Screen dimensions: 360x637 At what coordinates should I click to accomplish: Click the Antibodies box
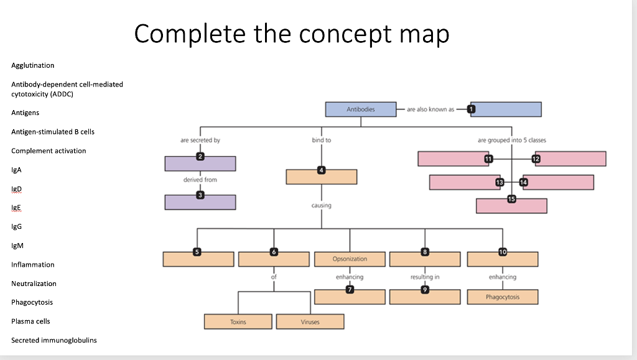(x=361, y=109)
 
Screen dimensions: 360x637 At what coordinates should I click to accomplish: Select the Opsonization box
(x=350, y=259)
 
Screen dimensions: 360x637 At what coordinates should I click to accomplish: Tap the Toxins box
(x=238, y=322)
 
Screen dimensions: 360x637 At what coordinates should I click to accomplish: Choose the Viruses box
(x=310, y=322)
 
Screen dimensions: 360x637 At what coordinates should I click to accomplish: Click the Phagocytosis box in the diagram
(x=502, y=297)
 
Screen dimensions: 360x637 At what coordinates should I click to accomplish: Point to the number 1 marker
(x=471, y=109)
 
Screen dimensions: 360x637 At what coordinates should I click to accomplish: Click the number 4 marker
(x=321, y=170)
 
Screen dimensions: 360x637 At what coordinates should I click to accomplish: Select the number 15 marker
(x=511, y=199)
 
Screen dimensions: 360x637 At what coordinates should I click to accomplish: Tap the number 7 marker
(x=350, y=290)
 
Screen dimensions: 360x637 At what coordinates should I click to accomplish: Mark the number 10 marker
(x=502, y=252)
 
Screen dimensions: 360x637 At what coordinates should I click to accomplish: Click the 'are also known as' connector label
(x=430, y=109)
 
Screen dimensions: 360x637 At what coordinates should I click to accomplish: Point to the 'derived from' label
(x=200, y=180)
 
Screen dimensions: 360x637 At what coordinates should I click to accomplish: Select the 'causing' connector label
(x=321, y=205)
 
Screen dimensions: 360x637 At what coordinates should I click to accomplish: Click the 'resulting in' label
(x=425, y=277)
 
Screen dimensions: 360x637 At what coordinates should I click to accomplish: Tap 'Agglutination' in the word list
(x=32, y=65)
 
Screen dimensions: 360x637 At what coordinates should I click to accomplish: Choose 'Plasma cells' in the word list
(x=30, y=321)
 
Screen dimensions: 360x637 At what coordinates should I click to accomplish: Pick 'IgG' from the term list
(x=17, y=227)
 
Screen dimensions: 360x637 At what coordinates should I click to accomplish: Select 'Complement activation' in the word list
(x=49, y=151)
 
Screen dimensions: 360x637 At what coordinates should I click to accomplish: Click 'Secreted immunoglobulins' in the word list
(x=53, y=340)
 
